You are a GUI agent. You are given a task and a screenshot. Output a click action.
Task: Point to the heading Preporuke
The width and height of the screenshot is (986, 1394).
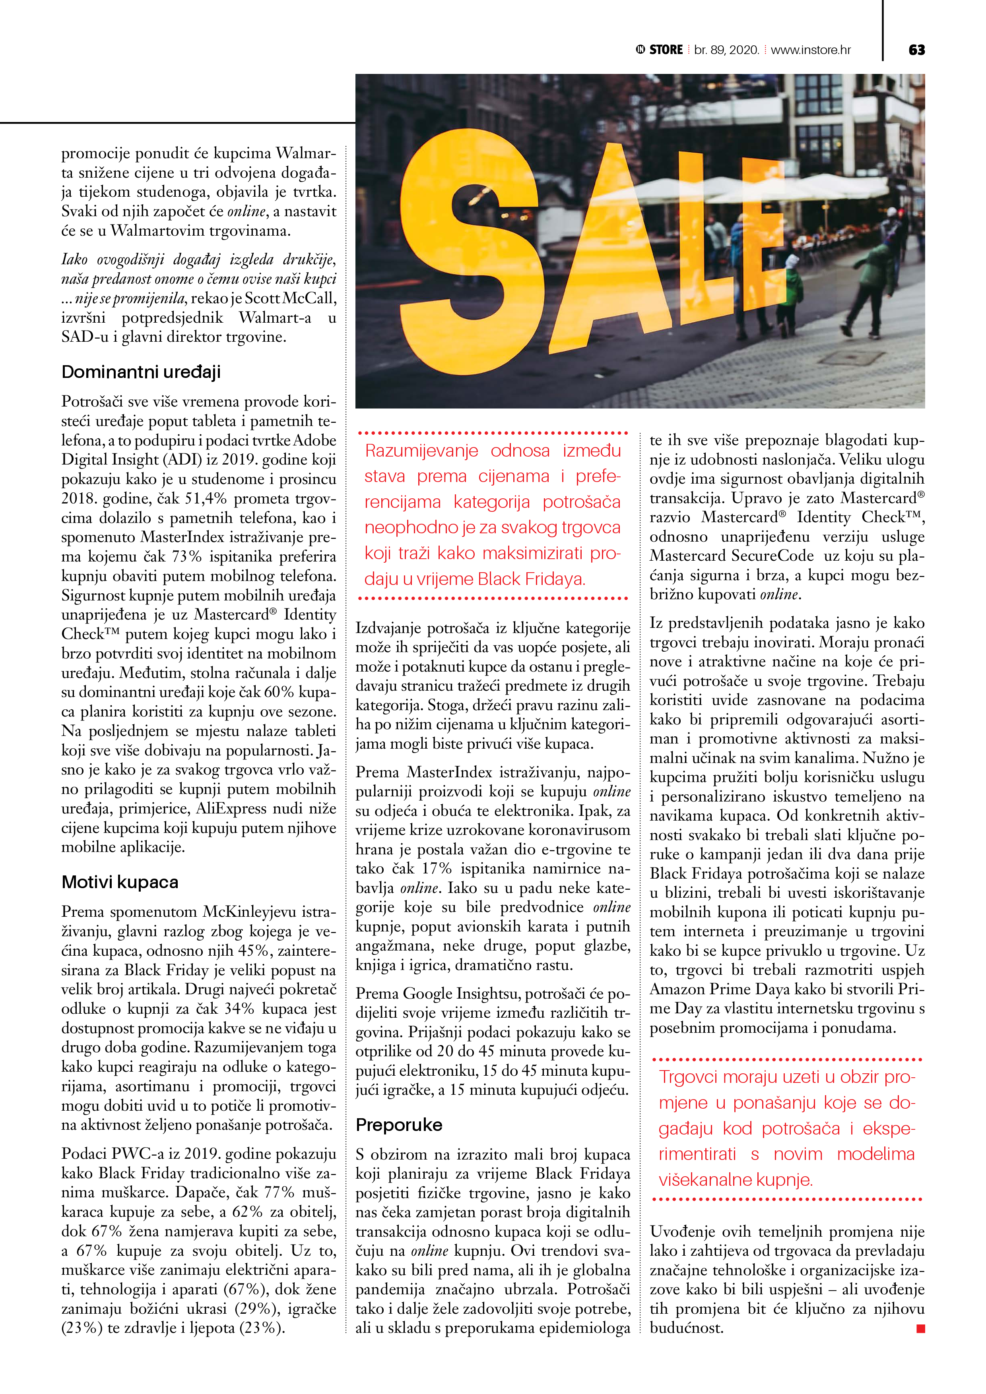[x=398, y=1125]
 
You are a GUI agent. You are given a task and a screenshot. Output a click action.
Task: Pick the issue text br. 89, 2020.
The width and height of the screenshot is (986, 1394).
[x=727, y=50]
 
